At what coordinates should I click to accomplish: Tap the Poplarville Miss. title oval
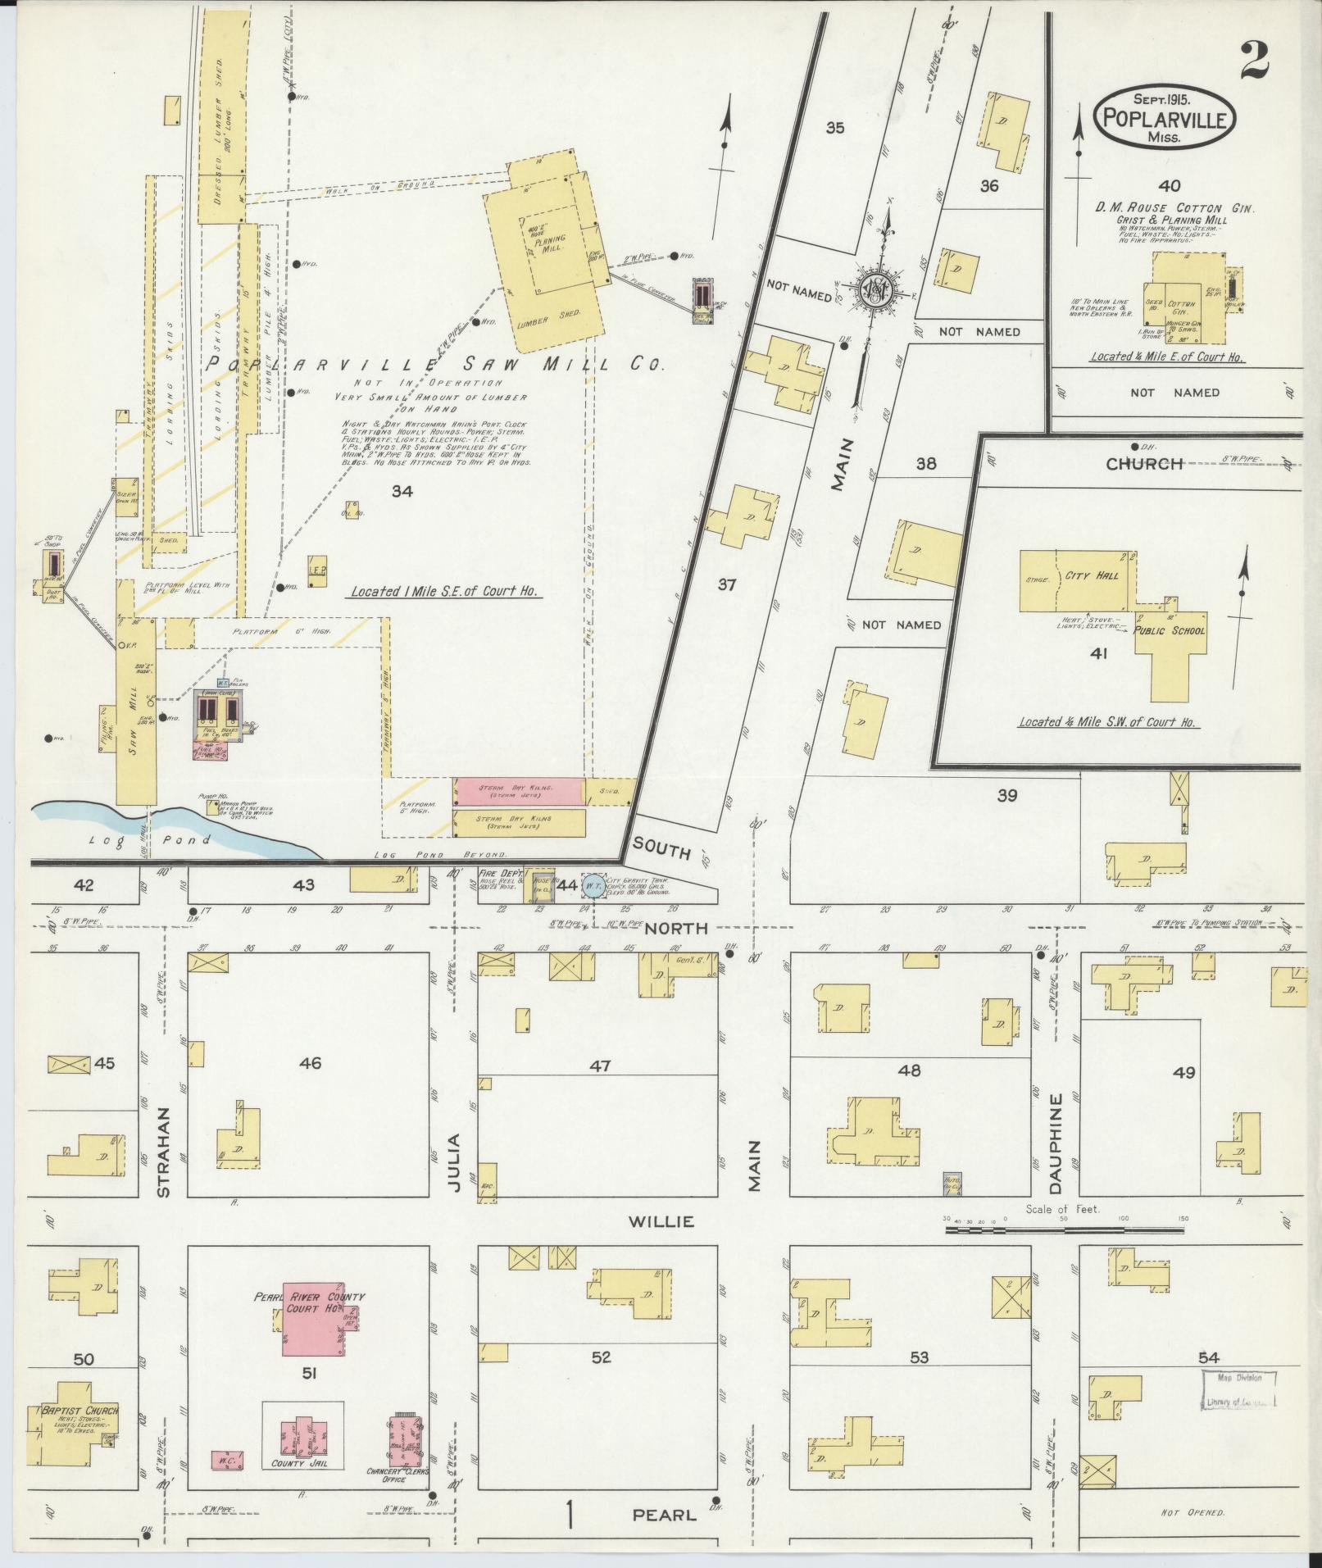pos(1164,120)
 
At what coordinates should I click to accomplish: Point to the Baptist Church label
pos(79,1411)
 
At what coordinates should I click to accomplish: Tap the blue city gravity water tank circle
pos(592,885)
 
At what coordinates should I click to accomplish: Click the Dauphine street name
pos(1056,1143)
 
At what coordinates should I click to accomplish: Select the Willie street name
pos(661,1221)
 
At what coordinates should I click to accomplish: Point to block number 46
pos(310,1064)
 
